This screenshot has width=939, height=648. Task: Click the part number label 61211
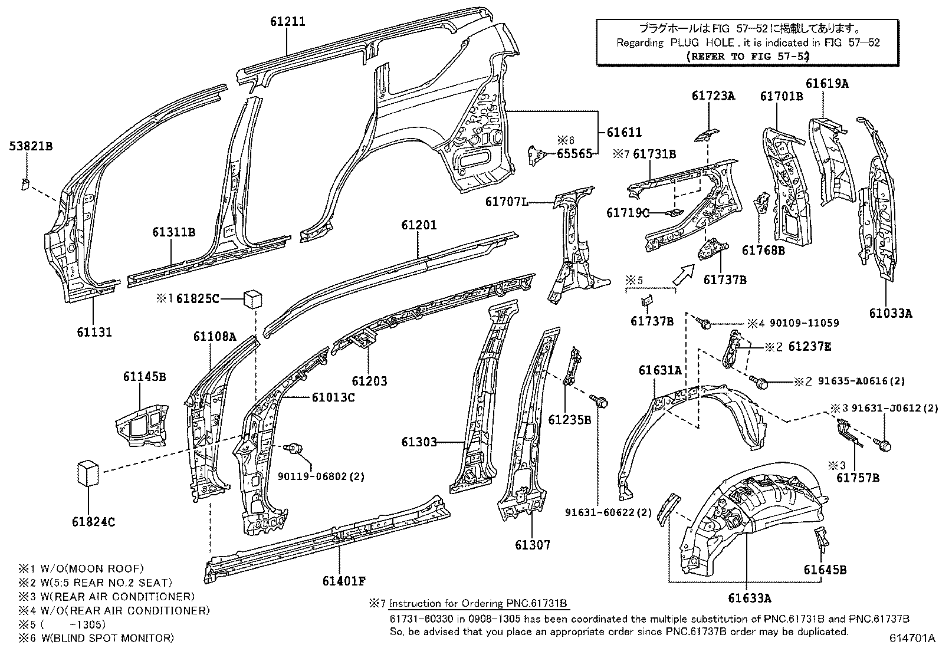pyautogui.click(x=288, y=21)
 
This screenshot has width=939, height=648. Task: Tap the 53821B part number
pyautogui.click(x=31, y=146)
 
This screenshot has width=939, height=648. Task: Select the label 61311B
pyautogui.click(x=173, y=232)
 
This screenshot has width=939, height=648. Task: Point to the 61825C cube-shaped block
pyautogui.click(x=253, y=298)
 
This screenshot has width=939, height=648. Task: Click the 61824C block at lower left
pyautogui.click(x=88, y=473)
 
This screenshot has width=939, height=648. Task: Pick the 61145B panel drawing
pyautogui.click(x=142, y=425)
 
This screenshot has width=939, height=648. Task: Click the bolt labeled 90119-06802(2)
pyautogui.click(x=293, y=448)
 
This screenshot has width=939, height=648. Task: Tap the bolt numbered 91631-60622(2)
pyautogui.click(x=599, y=401)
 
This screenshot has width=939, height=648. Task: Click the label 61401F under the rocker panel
pyautogui.click(x=344, y=581)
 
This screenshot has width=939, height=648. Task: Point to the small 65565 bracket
pyautogui.click(x=537, y=155)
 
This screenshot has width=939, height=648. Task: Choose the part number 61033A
pyautogui.click(x=891, y=313)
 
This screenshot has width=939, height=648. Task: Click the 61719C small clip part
pyautogui.click(x=675, y=213)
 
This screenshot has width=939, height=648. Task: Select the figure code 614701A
pyautogui.click(x=912, y=638)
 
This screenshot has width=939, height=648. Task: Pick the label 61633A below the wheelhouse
pyautogui.click(x=750, y=598)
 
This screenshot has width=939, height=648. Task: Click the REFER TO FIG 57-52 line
pyautogui.click(x=747, y=57)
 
